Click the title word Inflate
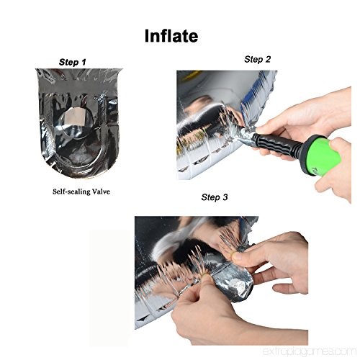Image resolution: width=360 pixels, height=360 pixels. (x=171, y=36)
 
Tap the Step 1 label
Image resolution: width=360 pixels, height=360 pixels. (x=72, y=62)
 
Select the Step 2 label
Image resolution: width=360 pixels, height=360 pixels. (x=257, y=59)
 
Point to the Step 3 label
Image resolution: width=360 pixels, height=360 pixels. (x=215, y=197)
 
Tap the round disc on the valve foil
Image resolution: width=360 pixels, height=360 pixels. (x=76, y=120)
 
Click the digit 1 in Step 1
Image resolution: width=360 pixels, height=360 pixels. (x=84, y=62)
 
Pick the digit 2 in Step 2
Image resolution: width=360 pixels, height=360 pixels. (x=268, y=59)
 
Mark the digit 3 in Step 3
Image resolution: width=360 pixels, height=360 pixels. (x=225, y=197)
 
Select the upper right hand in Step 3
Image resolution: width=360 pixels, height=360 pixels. (x=276, y=259)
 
